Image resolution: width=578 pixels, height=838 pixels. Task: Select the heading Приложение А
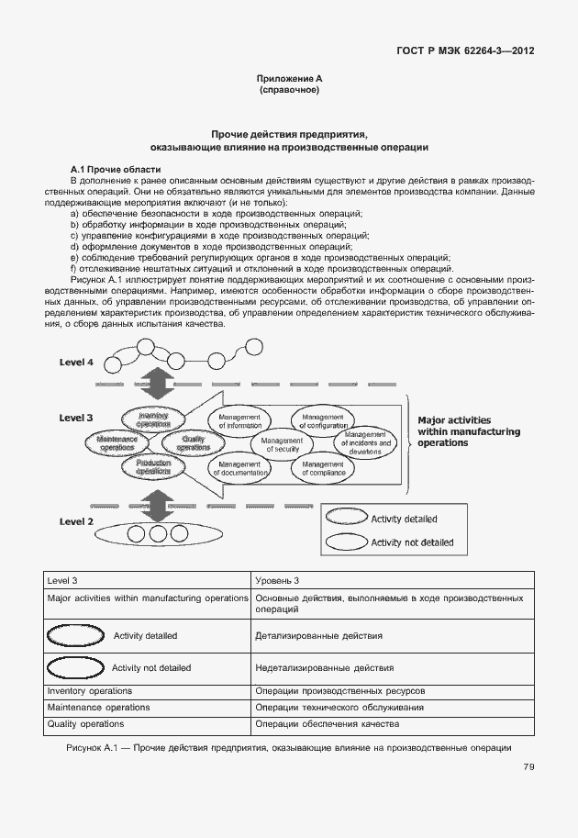pyautogui.click(x=289, y=81)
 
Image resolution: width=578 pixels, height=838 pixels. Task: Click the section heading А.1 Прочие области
pyautogui.click(x=116, y=169)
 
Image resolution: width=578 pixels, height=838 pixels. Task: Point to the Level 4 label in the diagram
pyautogui.click(x=76, y=363)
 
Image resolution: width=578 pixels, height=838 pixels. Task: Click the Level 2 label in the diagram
pyautogui.click(x=76, y=521)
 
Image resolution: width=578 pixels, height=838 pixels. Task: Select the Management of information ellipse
pyautogui.click(x=240, y=420)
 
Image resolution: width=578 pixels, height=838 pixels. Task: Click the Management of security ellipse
pyautogui.click(x=282, y=445)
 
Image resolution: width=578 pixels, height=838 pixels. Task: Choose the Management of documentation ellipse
pyautogui.click(x=240, y=468)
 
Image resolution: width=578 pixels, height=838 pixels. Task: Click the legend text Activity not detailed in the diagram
pyautogui.click(x=411, y=542)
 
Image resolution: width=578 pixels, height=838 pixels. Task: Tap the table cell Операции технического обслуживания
pyautogui.click(x=339, y=708)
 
